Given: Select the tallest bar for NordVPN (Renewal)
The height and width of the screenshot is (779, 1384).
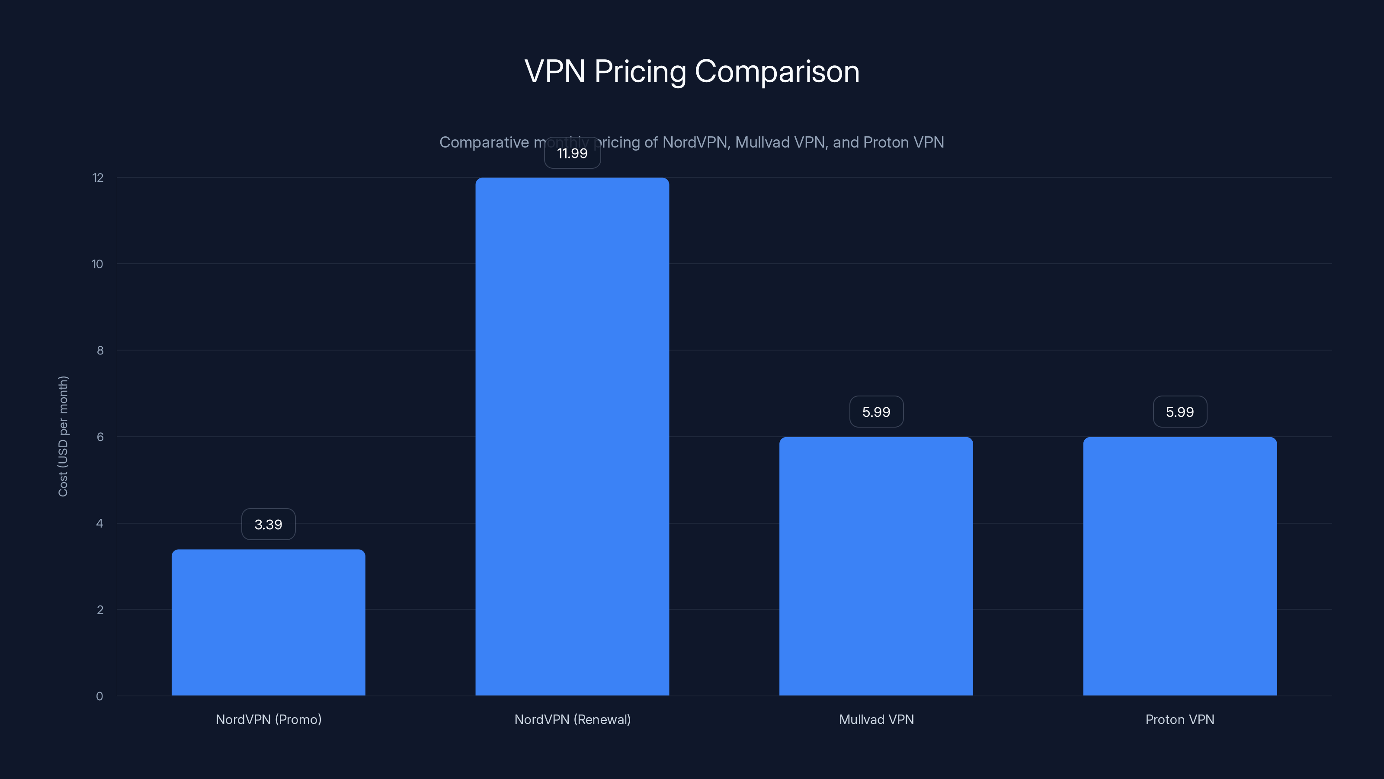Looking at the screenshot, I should (572, 436).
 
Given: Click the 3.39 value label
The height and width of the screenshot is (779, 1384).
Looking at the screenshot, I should (268, 524).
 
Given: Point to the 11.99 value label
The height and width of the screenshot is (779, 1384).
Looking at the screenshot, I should (572, 153).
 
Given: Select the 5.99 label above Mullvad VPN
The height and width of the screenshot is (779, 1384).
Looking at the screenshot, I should (876, 412).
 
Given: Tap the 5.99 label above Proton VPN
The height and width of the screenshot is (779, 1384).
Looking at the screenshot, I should (1179, 412).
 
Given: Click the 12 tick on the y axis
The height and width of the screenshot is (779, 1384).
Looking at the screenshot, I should (98, 178).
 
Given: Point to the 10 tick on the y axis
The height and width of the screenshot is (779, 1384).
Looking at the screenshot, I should (97, 264).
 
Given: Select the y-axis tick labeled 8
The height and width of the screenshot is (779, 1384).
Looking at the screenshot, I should (100, 351).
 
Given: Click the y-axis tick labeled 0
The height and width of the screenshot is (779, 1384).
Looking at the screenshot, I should (99, 696).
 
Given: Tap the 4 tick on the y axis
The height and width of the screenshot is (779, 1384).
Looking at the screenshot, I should (99, 524).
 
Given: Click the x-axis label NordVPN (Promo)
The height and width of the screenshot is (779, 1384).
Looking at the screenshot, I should (268, 719).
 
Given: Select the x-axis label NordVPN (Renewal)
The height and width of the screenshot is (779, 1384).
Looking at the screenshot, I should (572, 719).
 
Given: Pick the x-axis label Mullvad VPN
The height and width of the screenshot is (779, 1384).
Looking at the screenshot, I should (876, 719).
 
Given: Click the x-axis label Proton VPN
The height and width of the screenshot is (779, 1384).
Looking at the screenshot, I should (1179, 719).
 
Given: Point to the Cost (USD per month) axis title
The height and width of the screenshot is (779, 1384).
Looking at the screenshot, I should (63, 436).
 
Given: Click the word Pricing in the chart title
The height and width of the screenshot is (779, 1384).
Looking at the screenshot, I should (640, 71).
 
